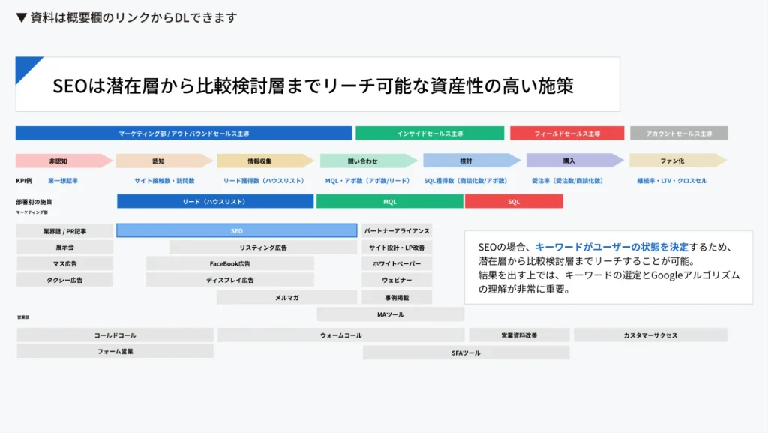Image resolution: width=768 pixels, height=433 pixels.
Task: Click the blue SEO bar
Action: coord(236,230)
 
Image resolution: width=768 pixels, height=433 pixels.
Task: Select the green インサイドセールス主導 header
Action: coord(430,134)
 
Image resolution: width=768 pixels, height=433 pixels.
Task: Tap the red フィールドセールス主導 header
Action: coord(566,134)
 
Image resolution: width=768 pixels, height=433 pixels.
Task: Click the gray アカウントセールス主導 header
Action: coord(679,134)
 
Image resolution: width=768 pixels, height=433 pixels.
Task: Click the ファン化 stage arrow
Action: coord(673,161)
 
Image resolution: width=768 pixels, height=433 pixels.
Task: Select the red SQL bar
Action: coord(514,201)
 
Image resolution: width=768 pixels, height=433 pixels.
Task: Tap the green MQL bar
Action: coord(390,201)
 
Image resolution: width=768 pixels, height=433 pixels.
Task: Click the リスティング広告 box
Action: coord(262,248)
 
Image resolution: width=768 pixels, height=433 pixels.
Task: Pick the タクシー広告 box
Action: coord(64,280)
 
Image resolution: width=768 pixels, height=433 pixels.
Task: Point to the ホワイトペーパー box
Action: coord(397,264)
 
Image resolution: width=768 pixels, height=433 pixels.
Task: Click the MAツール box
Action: coord(390,314)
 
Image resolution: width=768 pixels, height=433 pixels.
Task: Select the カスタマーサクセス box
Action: coord(650,335)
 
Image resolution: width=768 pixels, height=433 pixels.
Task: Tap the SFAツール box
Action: coord(466,353)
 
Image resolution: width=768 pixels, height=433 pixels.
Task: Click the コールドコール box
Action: coord(115,335)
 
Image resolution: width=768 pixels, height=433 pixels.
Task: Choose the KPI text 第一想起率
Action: coord(63,181)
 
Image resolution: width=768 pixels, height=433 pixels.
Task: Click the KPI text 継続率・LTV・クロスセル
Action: coord(671,181)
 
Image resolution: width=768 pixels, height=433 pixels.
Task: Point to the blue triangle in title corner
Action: coord(24,65)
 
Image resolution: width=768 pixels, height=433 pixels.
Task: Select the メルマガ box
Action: coord(286,298)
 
